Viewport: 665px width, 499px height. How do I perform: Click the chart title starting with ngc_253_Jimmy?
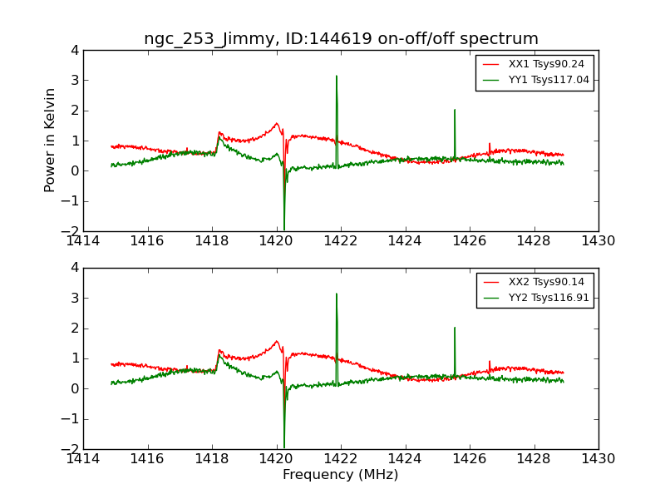pos(341,38)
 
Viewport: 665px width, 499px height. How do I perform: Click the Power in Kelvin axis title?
pos(51,140)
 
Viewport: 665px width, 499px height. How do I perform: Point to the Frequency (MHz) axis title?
pos(341,475)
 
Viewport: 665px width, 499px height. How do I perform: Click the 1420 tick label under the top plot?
pos(276,241)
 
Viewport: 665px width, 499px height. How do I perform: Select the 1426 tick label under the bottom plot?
pos(470,458)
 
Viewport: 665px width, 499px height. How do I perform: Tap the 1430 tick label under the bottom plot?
pos(598,458)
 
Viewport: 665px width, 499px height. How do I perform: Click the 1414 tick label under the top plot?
pos(83,241)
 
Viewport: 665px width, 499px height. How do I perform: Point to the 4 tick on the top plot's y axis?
pos(75,50)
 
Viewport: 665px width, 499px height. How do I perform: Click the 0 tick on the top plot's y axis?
pos(75,170)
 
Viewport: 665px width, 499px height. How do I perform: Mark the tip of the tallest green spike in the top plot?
pos(337,77)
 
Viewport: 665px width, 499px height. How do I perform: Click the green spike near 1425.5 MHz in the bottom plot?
pos(455,333)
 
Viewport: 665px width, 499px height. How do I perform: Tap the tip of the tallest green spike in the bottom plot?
pos(337,294)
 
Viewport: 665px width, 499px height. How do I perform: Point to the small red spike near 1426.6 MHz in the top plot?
pos(490,145)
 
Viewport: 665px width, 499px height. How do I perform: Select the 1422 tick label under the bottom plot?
pos(341,458)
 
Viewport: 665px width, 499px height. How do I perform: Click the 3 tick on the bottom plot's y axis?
pos(75,298)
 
